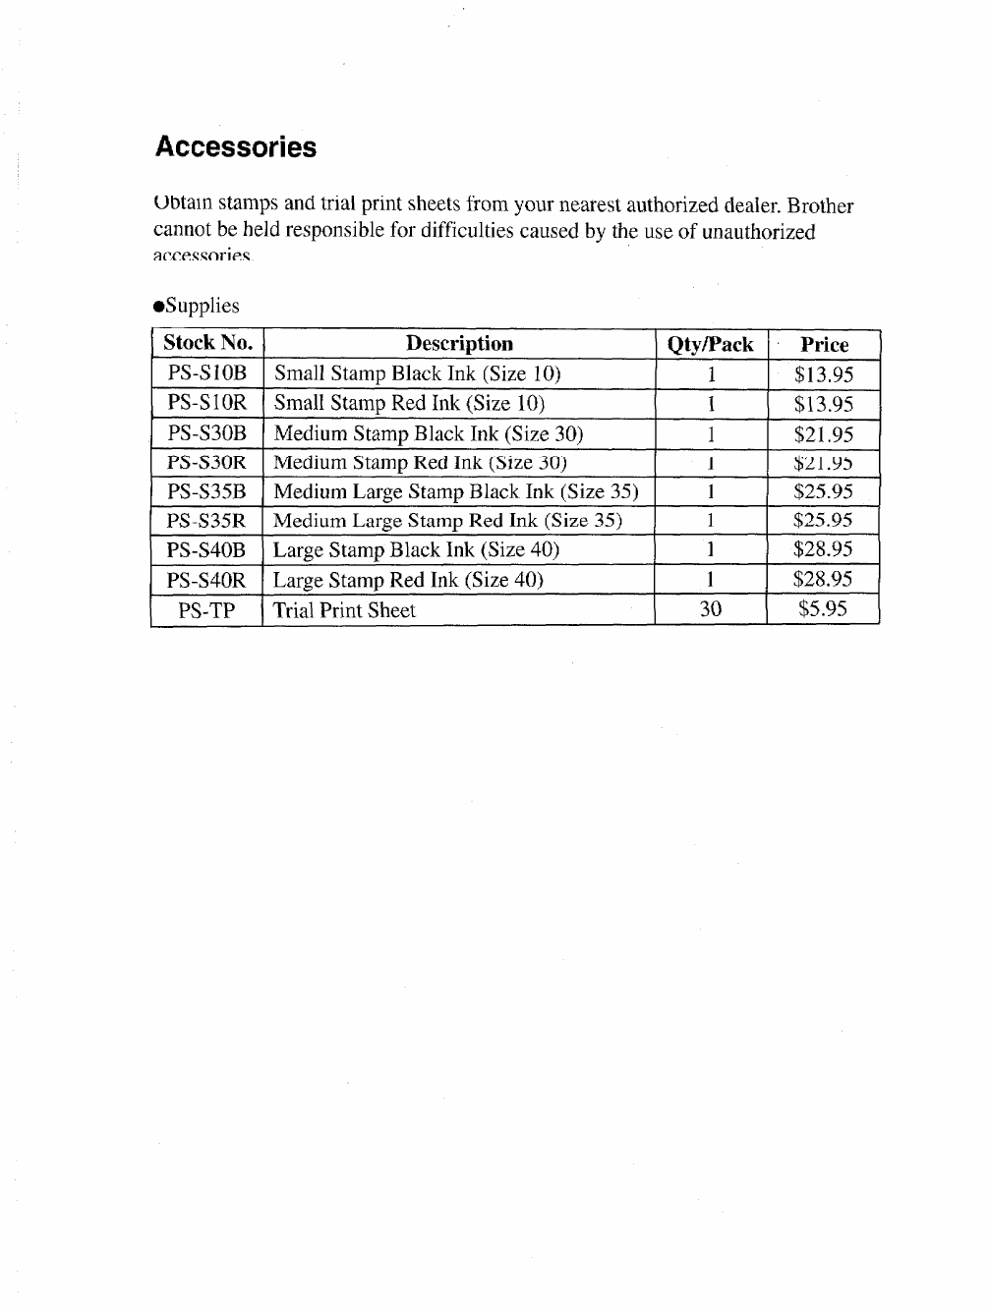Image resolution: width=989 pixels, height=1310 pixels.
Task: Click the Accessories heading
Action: tap(236, 147)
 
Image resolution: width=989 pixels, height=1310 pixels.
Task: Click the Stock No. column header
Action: tap(207, 343)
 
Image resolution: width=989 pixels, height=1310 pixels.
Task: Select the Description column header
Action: tap(459, 344)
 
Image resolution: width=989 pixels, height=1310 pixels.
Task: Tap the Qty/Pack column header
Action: tap(710, 345)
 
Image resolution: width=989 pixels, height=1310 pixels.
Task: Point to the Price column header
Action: tap(824, 345)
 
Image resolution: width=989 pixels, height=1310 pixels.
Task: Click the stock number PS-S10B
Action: tap(207, 373)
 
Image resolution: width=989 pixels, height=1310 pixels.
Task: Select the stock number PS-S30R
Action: tap(206, 462)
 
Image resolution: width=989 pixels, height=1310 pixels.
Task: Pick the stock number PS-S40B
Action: tap(206, 550)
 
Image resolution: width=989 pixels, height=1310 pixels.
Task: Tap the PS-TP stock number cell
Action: tap(206, 610)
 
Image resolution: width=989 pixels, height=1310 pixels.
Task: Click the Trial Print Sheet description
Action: tap(344, 610)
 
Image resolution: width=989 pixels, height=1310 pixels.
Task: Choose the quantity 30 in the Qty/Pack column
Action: tap(710, 609)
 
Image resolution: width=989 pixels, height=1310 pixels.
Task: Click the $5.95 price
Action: tap(823, 609)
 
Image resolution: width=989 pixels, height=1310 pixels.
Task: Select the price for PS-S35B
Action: tap(823, 491)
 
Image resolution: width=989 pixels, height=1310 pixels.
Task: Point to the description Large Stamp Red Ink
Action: tap(408, 580)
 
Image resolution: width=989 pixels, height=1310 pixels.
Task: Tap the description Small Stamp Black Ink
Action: tap(417, 373)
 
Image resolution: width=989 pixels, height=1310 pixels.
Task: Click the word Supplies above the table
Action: tap(202, 306)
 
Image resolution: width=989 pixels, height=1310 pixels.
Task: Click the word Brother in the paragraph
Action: tap(820, 206)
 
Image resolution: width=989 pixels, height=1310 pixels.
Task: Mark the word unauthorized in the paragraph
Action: tap(758, 233)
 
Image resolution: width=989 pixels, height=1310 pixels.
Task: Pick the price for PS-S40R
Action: tap(823, 579)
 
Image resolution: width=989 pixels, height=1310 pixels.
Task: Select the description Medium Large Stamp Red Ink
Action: tap(447, 521)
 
